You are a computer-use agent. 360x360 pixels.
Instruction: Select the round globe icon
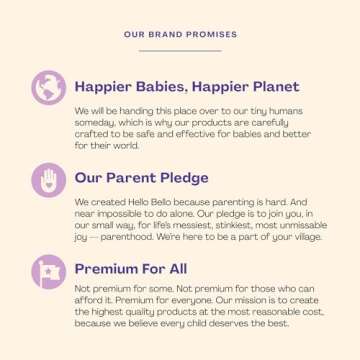[x=47, y=88]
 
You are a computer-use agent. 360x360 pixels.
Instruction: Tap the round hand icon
[x=47, y=180]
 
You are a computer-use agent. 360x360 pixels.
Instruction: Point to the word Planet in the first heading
[x=270, y=86]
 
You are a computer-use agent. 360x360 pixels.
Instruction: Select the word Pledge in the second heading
[x=185, y=178]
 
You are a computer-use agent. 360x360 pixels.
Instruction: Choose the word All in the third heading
[x=174, y=269]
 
